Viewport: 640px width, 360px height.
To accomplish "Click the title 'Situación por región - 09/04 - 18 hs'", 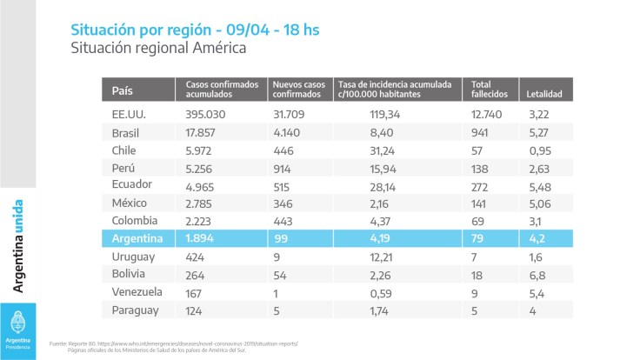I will coord(194,30).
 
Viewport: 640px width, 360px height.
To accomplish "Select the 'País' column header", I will coord(123,91).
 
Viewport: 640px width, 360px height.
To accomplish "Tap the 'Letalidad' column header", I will coord(544,92).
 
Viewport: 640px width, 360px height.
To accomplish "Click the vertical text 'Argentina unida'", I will coord(18,246).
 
